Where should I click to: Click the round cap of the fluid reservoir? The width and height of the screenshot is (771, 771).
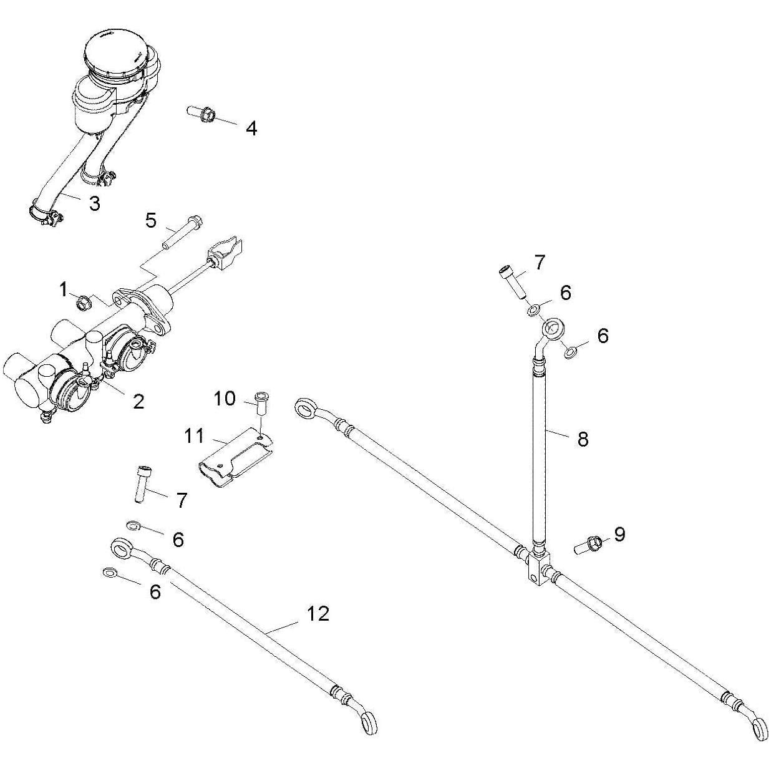click(118, 54)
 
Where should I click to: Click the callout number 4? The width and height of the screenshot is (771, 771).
click(251, 128)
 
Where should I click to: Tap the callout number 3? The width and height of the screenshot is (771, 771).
click(95, 203)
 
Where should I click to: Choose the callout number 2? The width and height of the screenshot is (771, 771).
click(138, 401)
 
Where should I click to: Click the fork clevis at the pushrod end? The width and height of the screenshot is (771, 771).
click(227, 253)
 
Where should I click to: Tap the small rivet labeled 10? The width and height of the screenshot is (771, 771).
click(261, 403)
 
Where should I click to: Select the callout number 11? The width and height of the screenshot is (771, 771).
click(194, 435)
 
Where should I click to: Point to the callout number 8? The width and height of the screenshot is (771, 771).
click(583, 439)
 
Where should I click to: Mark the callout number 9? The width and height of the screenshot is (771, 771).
click(619, 534)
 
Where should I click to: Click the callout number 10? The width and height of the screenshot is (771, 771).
click(225, 398)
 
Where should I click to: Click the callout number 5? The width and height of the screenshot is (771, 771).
click(152, 220)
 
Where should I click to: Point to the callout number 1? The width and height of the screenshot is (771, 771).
click(63, 289)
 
